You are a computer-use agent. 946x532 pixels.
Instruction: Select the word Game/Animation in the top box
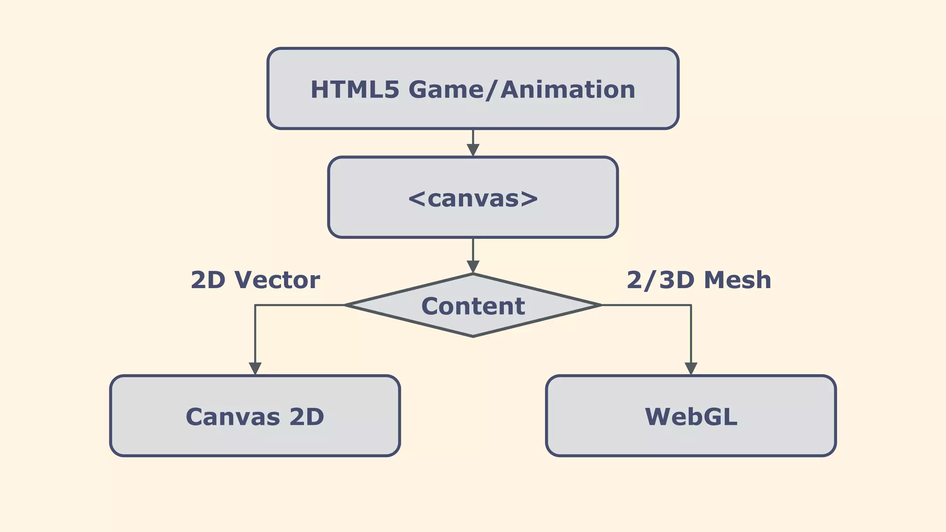coord(522,90)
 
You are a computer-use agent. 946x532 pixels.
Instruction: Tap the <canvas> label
coord(473,199)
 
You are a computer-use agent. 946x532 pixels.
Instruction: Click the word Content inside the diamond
coord(473,306)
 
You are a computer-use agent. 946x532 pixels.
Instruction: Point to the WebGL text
coord(691,417)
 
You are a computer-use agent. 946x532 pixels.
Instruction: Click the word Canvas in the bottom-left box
coord(233,417)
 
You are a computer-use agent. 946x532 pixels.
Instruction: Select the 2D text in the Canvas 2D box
coord(307,417)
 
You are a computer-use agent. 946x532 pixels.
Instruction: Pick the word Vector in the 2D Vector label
coord(277,280)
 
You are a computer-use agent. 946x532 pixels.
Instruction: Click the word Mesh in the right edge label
coord(738,280)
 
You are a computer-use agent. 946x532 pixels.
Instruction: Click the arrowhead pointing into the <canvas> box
coord(473,150)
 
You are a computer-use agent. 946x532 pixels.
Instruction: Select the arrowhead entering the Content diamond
coord(473,266)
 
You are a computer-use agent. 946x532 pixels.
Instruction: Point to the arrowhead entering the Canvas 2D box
coord(255,369)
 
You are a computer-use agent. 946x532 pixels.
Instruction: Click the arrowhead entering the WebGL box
coord(691,369)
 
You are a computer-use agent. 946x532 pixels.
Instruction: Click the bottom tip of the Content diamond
coord(473,336)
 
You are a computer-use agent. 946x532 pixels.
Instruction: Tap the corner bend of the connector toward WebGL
coord(691,305)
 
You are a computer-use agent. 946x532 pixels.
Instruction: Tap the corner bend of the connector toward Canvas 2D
coord(255,305)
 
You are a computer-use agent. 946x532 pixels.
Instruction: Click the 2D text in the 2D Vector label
coord(208,280)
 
